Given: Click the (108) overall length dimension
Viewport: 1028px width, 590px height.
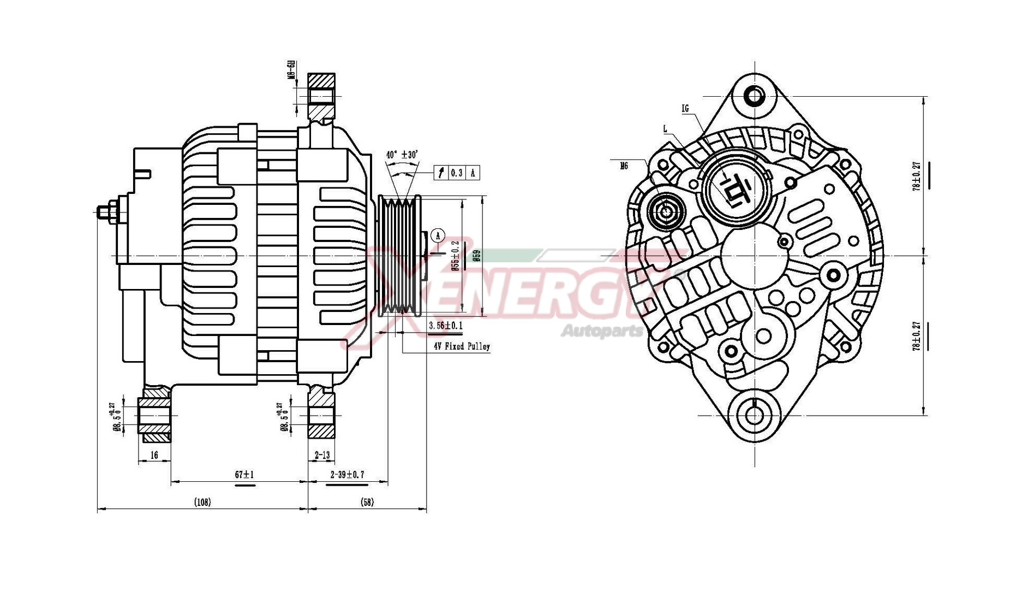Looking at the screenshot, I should click(x=202, y=502).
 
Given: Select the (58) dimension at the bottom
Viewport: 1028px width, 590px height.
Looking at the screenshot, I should click(x=368, y=502).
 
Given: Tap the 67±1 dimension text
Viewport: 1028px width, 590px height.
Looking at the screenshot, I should click(x=244, y=474).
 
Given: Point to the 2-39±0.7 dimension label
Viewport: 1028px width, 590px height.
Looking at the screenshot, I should click(x=347, y=474).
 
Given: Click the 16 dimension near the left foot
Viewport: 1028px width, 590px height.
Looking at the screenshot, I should click(x=154, y=455).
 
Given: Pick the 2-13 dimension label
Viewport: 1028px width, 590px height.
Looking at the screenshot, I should click(x=322, y=455).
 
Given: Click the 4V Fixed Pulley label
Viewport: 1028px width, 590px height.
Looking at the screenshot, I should click(x=462, y=346).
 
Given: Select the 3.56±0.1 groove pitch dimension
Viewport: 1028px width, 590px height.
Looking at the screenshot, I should click(x=446, y=326).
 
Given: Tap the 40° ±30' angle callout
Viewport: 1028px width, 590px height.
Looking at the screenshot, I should click(x=402, y=155).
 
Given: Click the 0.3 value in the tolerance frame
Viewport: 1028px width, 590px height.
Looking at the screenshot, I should click(x=457, y=173).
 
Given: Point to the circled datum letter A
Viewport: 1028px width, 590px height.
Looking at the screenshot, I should click(x=437, y=235).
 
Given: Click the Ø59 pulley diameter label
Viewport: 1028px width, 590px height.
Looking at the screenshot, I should click(x=477, y=256).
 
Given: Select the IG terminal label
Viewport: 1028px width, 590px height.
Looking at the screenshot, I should click(x=685, y=108).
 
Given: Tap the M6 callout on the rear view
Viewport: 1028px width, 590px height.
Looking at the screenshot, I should click(x=624, y=165).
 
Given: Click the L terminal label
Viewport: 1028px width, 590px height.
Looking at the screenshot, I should click(x=665, y=129).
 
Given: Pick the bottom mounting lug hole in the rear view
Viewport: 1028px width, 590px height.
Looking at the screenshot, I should click(x=754, y=415).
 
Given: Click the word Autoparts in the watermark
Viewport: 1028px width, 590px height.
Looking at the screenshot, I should click(x=602, y=331).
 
